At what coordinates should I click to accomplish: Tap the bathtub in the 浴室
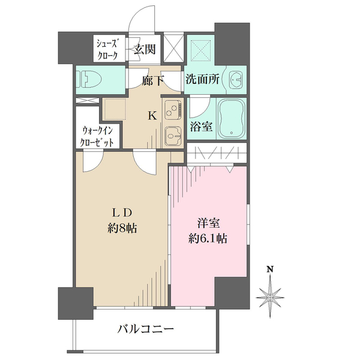[232, 119]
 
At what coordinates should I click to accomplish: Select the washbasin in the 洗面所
[236, 80]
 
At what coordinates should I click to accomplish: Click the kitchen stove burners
[174, 110]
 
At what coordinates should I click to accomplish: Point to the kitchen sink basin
[173, 136]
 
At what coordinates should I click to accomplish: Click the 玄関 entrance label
[145, 49]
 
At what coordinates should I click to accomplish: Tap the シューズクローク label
[107, 49]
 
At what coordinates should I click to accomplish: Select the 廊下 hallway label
[152, 80]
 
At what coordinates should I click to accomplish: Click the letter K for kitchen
[152, 115]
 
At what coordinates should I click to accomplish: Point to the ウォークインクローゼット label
[97, 137]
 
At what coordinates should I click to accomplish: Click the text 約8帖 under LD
[122, 229]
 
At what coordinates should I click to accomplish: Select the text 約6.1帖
[208, 239]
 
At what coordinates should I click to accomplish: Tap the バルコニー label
[146, 329]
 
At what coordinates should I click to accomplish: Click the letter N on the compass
[270, 269]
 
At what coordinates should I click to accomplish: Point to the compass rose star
[270, 298]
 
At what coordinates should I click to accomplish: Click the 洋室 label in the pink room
[208, 223]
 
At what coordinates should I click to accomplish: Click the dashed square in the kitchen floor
[115, 109]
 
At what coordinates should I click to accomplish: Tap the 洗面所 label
[203, 79]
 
